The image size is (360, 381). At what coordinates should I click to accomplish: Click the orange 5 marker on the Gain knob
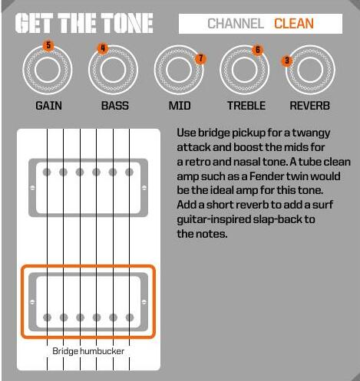48,46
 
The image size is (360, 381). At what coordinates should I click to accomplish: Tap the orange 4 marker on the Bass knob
103,48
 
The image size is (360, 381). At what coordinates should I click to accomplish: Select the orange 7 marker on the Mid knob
200,58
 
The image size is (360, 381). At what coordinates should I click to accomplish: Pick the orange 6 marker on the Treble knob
257,50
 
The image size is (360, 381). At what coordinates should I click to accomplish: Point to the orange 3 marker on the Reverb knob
287,61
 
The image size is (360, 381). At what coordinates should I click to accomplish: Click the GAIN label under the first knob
48,106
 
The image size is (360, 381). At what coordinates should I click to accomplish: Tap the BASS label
115,106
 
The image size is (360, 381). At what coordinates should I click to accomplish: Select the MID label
180,106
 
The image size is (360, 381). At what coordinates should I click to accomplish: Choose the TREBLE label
246,106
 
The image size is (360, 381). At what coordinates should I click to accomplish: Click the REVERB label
309,106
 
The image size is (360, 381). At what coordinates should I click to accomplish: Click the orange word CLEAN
294,24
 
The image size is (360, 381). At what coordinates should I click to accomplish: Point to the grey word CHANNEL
236,24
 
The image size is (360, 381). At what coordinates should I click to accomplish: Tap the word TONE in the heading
127,23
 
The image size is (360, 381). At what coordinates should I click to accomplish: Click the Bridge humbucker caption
88,351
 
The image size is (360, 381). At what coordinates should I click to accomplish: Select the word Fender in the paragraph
265,176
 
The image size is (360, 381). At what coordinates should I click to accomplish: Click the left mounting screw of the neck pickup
32,188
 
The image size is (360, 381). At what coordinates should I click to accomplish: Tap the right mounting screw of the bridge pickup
144,302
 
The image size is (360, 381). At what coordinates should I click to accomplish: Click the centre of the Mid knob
179,70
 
